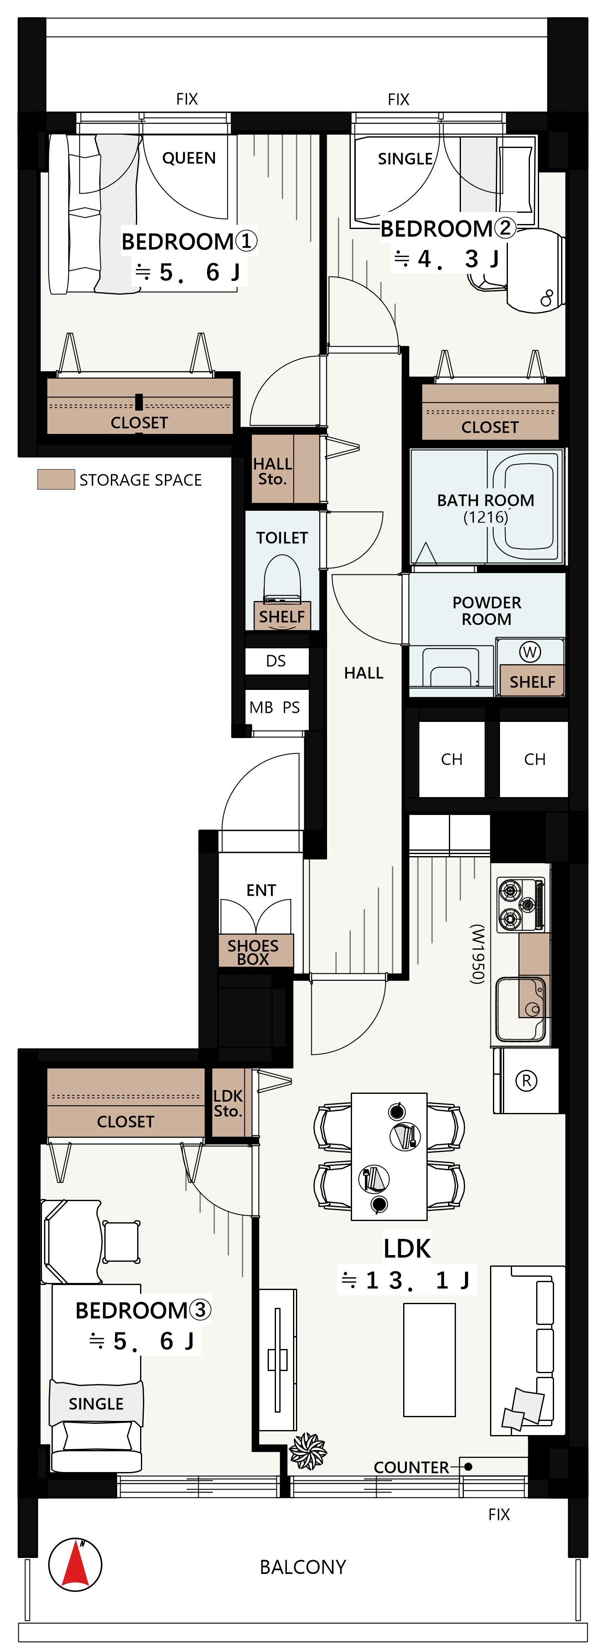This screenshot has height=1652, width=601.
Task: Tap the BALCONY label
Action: tap(303, 1567)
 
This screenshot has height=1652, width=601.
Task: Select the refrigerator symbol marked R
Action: tap(527, 1081)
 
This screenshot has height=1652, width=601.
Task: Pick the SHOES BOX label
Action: tap(254, 952)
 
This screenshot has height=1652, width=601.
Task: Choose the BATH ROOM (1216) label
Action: tap(485, 508)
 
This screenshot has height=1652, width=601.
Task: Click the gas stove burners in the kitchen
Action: tap(521, 904)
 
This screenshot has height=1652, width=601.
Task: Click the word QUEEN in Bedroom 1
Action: tap(189, 158)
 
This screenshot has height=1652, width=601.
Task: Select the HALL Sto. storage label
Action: tap(273, 471)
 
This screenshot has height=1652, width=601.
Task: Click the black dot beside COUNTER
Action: tap(468, 1467)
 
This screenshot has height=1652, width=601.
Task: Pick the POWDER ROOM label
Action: tap(487, 611)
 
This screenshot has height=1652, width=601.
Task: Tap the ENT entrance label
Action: tap(261, 890)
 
